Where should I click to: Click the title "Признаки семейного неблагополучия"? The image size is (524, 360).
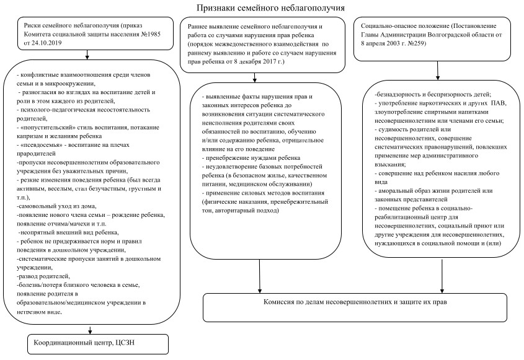tap(270, 7)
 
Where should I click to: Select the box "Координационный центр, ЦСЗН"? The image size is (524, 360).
tap(98, 344)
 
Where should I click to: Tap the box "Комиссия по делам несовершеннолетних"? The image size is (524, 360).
tap(355, 307)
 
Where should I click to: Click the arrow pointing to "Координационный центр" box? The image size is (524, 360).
tap(90, 329)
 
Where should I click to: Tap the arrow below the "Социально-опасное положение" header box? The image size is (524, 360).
tap(438, 71)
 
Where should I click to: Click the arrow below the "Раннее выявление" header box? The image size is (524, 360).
tap(255, 77)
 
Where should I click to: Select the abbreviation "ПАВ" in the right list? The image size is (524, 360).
tap(499, 103)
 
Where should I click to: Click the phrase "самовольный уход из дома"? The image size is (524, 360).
tap(58, 206)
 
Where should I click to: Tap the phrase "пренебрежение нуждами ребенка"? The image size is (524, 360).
tap(253, 157)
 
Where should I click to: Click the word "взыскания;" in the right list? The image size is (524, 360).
tap(390, 165)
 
